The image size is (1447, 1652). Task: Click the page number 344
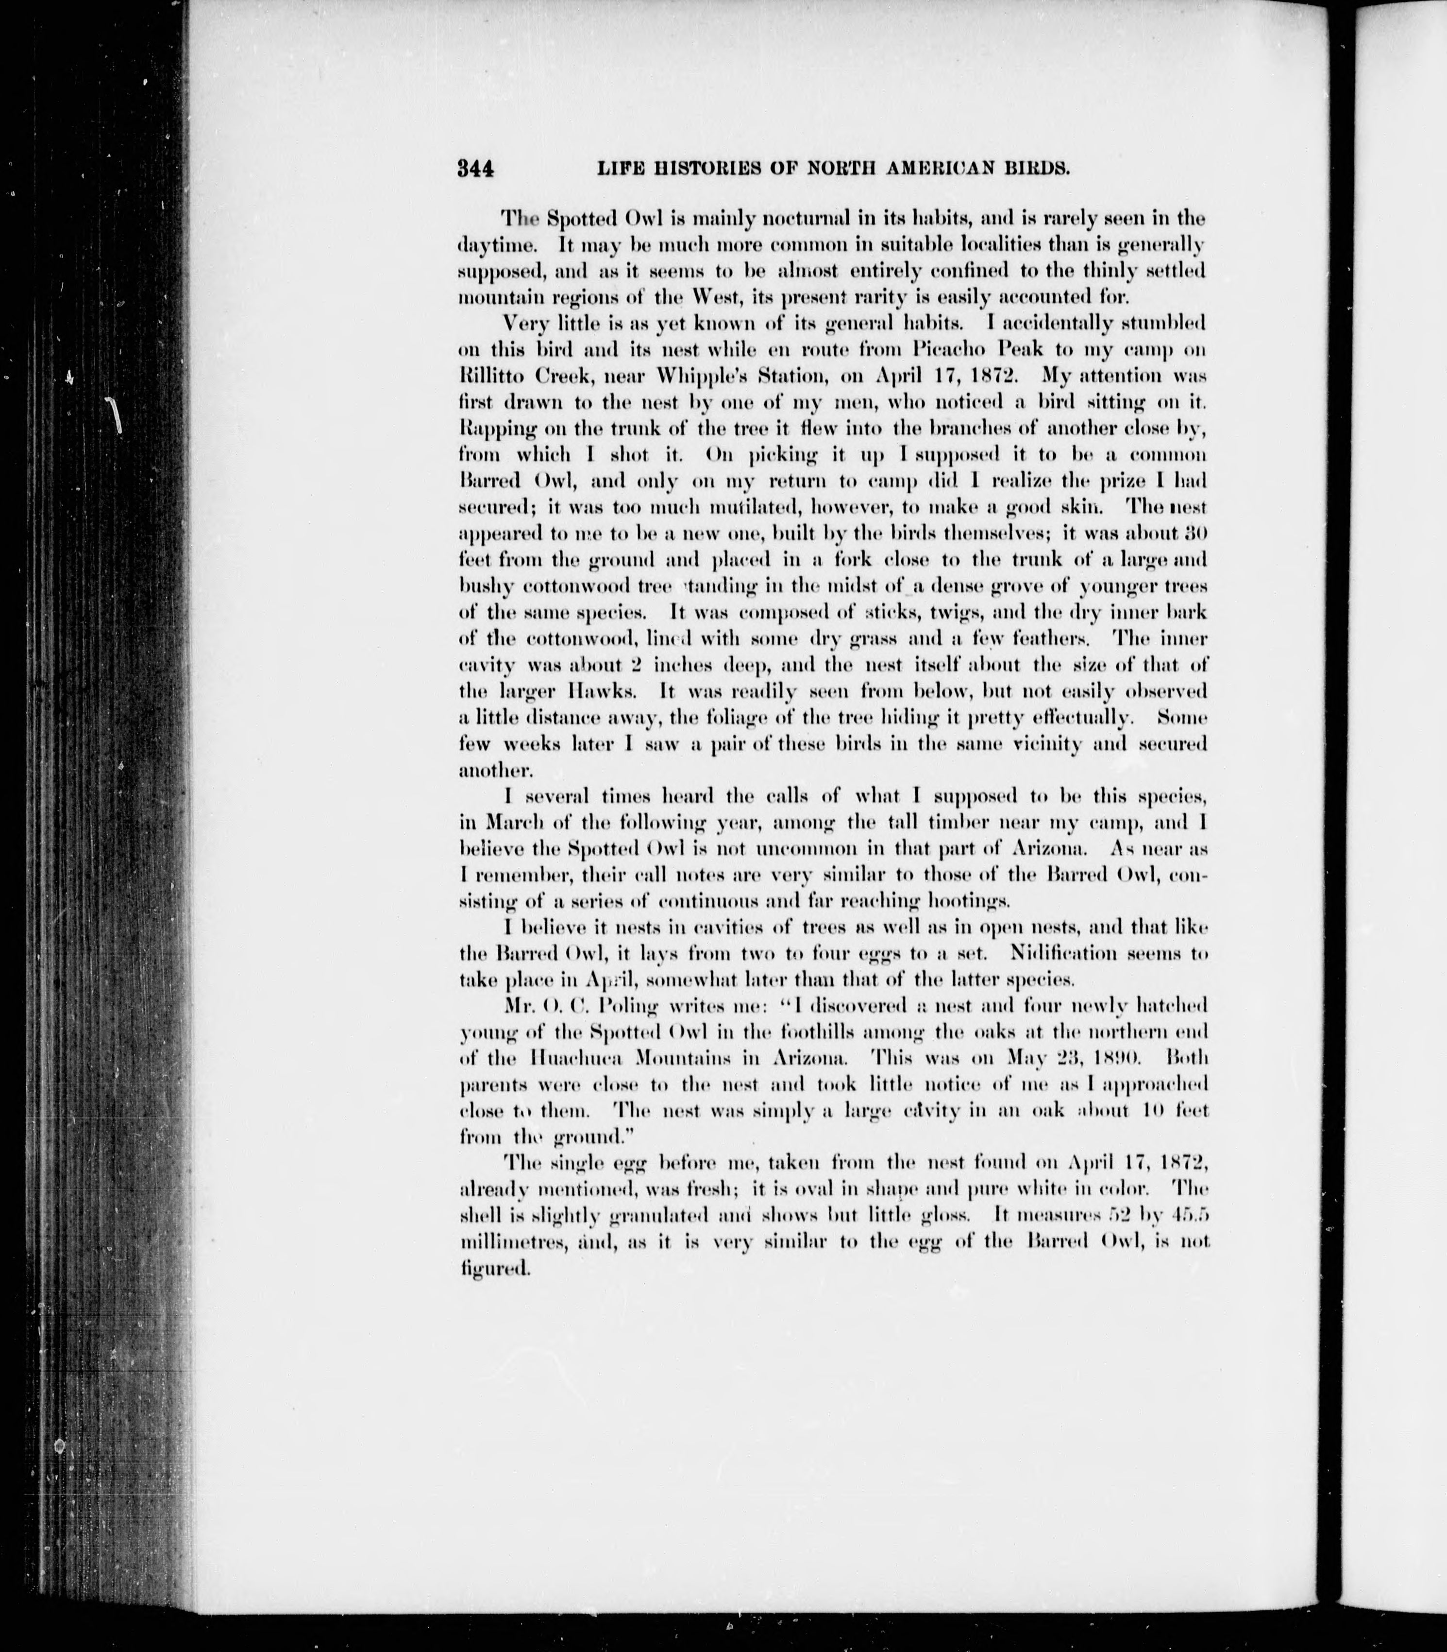(475, 169)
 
